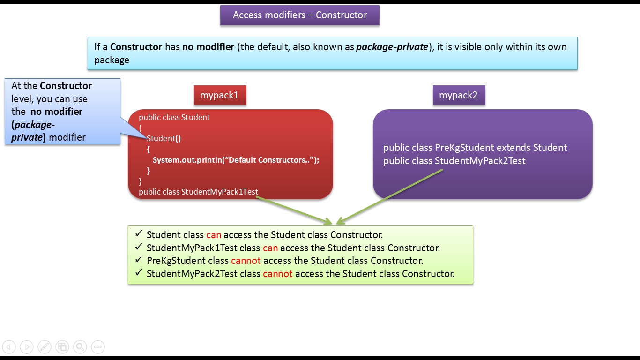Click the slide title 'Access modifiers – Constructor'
coord(300,15)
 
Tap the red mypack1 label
coord(220,95)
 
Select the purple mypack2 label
coord(458,95)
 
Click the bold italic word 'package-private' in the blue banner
coord(392,47)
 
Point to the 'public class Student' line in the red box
coord(174,117)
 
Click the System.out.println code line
coord(236,160)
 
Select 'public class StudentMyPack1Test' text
coord(198,192)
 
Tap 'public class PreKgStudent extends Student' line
coord(475,148)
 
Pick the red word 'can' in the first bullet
coord(213,235)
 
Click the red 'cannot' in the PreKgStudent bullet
coord(246,261)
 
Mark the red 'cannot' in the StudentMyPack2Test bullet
coord(278,274)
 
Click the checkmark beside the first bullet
coord(139,234)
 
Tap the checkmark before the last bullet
coord(139,273)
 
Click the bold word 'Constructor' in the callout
coord(66,86)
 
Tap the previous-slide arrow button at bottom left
coord(9,347)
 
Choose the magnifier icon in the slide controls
coord(80,347)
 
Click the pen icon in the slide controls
coord(45,347)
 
